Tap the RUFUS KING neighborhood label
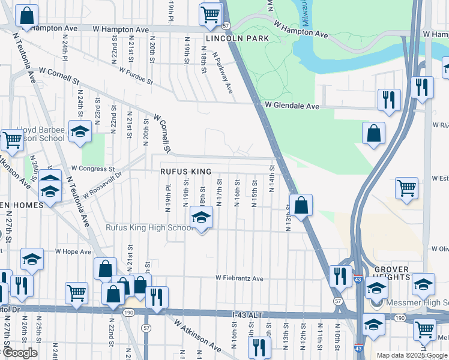[x=185, y=172]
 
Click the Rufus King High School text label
[x=149, y=227]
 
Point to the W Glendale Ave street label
[x=292, y=106]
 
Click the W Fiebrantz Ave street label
[x=240, y=278]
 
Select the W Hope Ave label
[x=73, y=252]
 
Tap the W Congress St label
[x=92, y=169]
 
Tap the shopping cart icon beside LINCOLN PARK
[x=211, y=14]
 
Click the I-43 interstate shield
[x=358, y=280]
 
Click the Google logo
[x=20, y=353]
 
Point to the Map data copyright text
[x=411, y=355]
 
